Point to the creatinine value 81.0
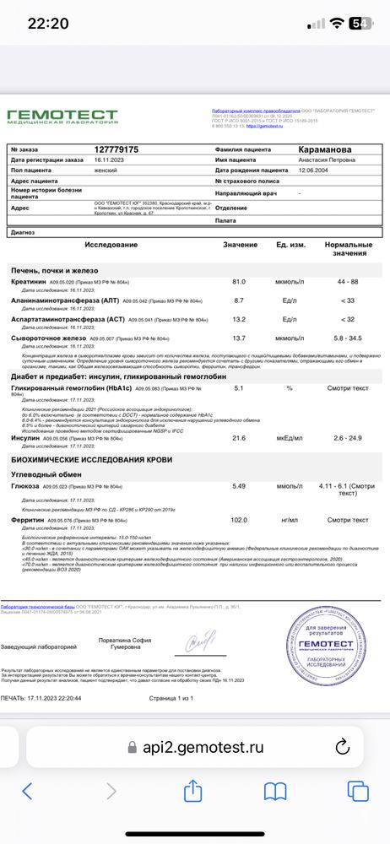239,282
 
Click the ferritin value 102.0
239,520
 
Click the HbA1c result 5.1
239,387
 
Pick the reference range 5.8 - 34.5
347,338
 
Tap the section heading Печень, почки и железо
55,268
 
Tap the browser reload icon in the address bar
342,747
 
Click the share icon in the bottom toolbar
193,791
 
